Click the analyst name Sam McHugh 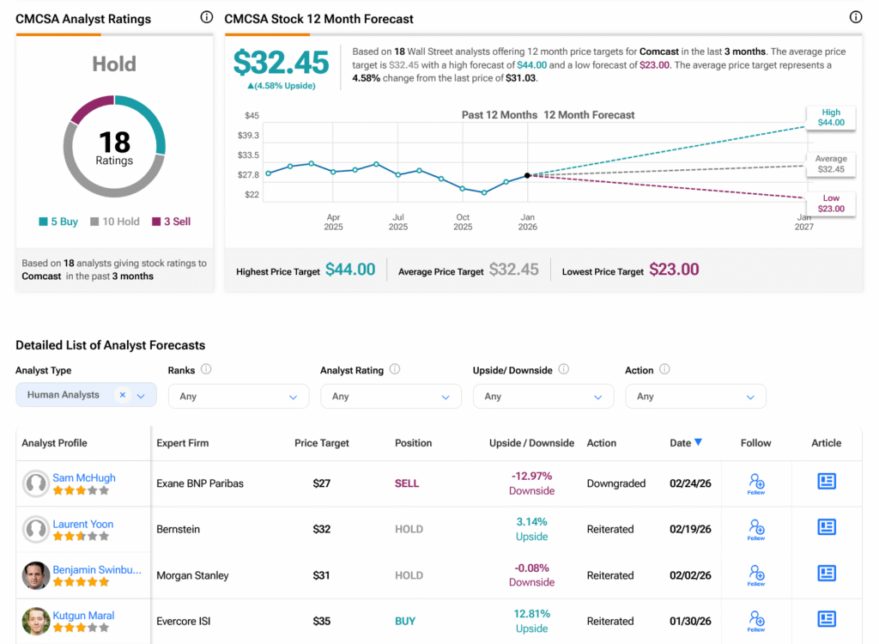click(84, 478)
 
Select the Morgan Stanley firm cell click(192, 575)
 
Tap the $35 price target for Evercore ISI click(322, 621)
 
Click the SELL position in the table click(407, 483)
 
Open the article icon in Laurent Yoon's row click(827, 527)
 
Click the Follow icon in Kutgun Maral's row click(756, 619)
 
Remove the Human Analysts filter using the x click(123, 395)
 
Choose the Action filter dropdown click(695, 396)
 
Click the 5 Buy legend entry click(58, 222)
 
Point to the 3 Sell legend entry click(172, 222)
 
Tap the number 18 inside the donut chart click(114, 142)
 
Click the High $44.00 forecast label click(831, 118)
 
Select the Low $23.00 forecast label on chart click(831, 204)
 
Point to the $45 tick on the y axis click(252, 116)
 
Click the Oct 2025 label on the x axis click(463, 222)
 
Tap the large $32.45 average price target click(282, 62)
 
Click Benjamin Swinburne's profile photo click(35, 575)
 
